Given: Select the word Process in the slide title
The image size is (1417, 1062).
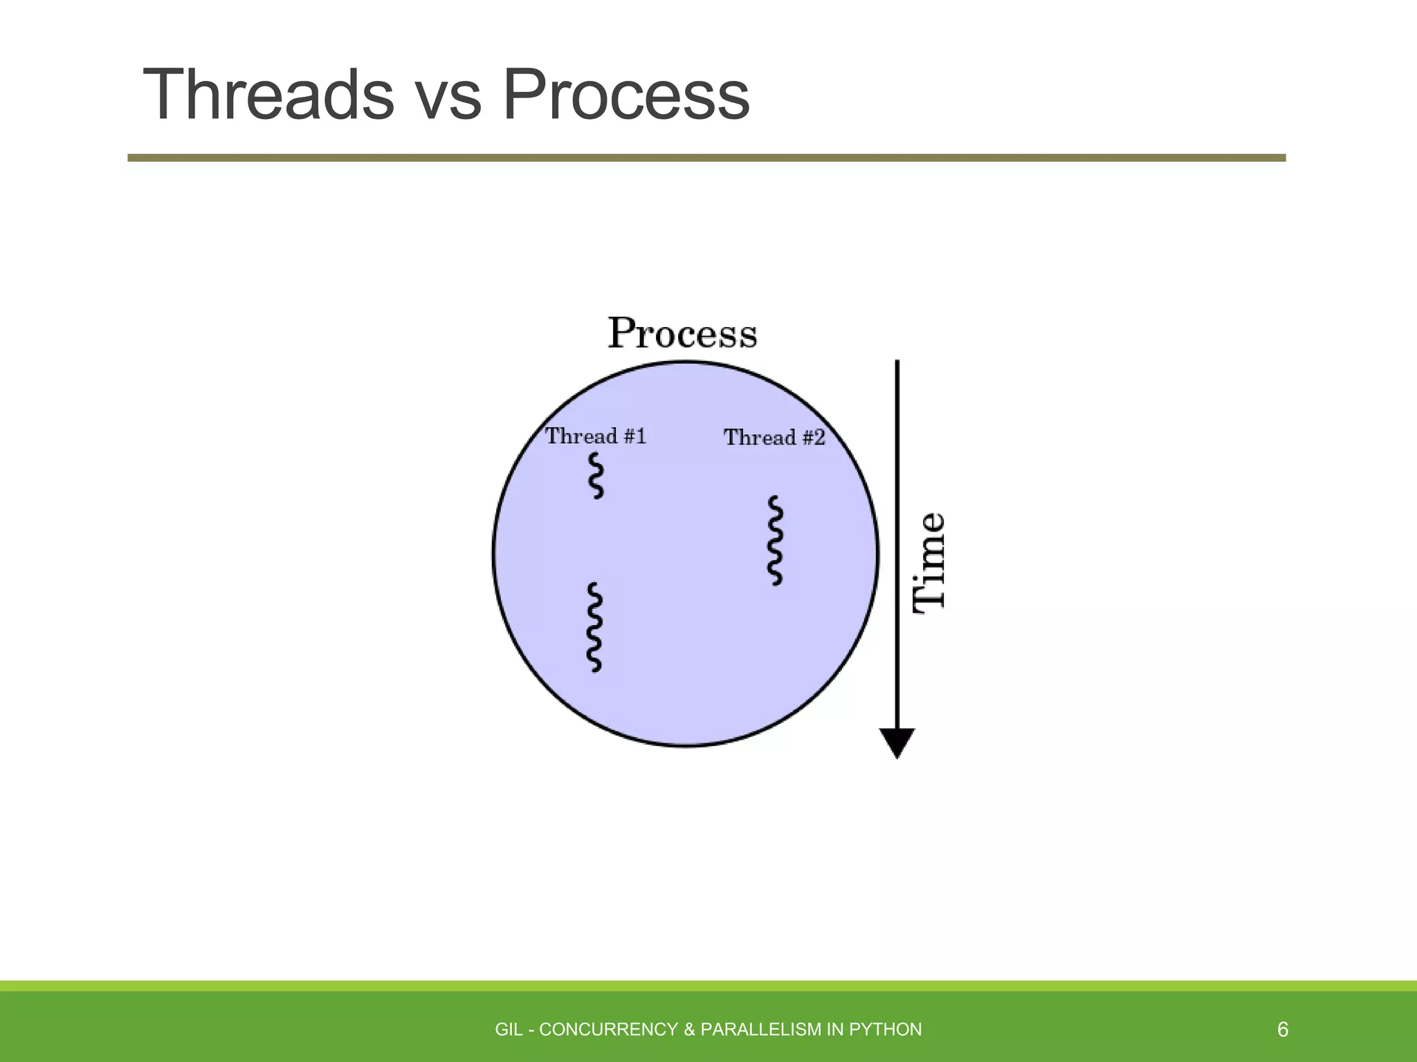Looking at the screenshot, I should point(626,95).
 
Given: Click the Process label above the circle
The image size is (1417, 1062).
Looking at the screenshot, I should point(682,333).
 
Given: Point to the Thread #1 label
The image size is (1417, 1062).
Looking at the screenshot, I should point(596,436).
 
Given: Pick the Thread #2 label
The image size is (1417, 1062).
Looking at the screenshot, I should point(774,438).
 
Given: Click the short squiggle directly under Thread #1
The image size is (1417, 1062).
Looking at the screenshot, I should point(596,476).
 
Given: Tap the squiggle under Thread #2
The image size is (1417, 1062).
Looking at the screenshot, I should point(776,541).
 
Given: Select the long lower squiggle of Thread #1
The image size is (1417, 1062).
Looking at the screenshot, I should point(594,627).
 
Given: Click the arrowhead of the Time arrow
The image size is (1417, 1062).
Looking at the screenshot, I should point(897,743).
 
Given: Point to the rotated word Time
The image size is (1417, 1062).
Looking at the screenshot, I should point(929,561).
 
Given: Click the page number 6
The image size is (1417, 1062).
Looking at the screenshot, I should point(1282,1030).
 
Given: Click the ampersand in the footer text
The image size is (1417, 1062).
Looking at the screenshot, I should point(689,1030).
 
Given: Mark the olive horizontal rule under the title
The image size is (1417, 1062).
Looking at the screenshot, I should point(706,158).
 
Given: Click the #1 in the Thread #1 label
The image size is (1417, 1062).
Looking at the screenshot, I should point(634,436).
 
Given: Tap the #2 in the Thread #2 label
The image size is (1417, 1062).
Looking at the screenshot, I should point(813,438).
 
